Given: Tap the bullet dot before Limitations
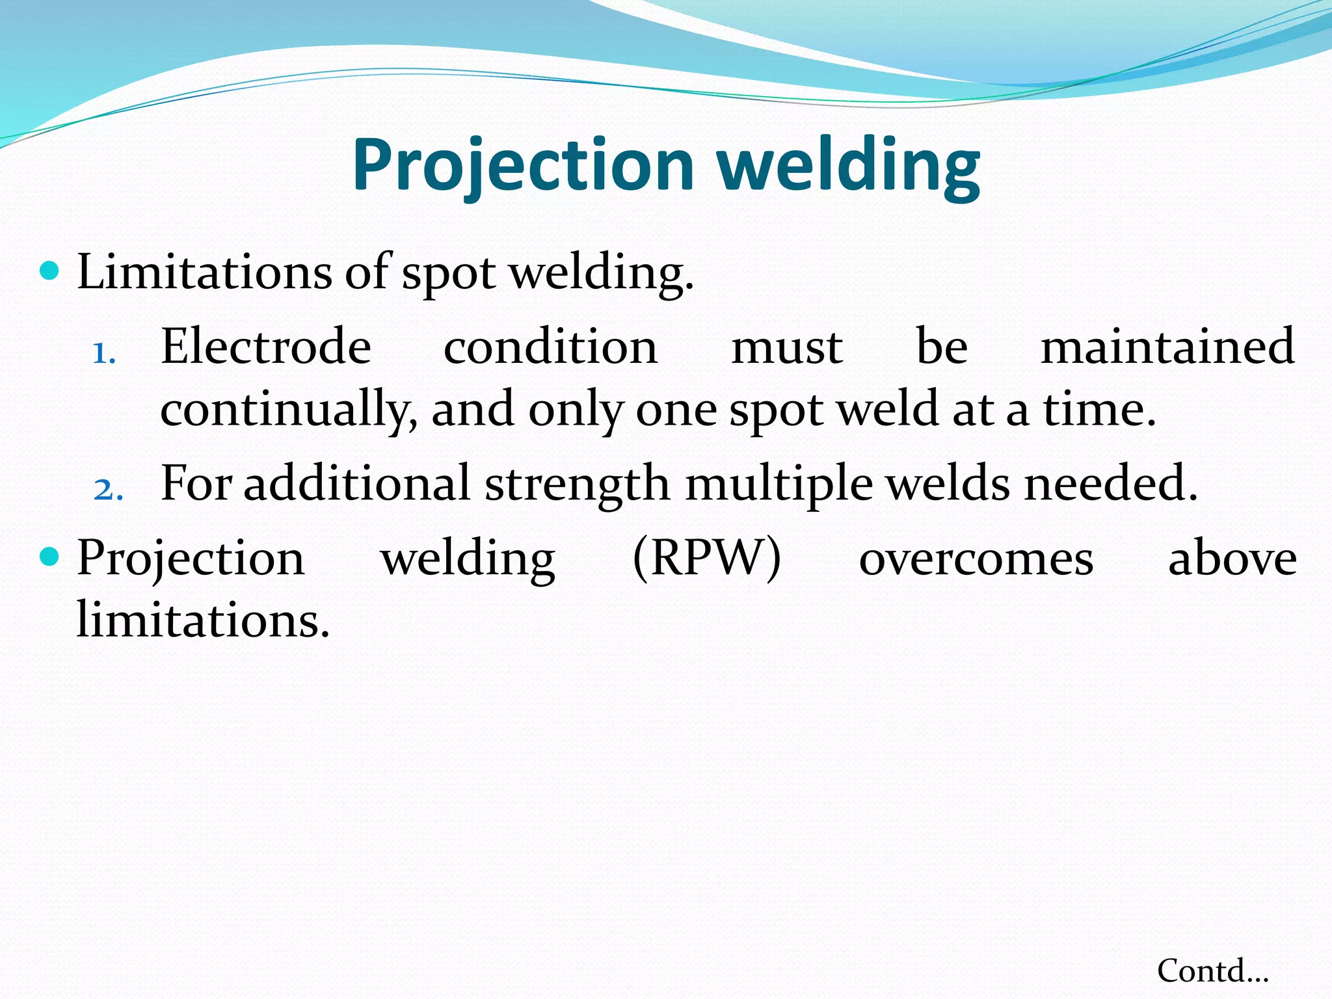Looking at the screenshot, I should coord(49,270).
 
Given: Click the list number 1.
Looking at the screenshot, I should coord(104,354).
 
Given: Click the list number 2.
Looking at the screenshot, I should coord(108,490).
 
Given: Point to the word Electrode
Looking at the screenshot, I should coord(265,347).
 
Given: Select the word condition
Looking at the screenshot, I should coord(550,347).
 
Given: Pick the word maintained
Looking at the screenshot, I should coord(1167,347).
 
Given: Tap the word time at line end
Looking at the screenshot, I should coord(1099,410).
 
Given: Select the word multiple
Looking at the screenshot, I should coord(779,485).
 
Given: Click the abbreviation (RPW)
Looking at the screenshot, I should coord(706,558).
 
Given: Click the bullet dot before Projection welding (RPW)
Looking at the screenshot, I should coord(49,556).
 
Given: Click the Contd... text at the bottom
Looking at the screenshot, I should coord(1212,971).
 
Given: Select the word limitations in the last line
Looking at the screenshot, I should coord(203,619).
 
